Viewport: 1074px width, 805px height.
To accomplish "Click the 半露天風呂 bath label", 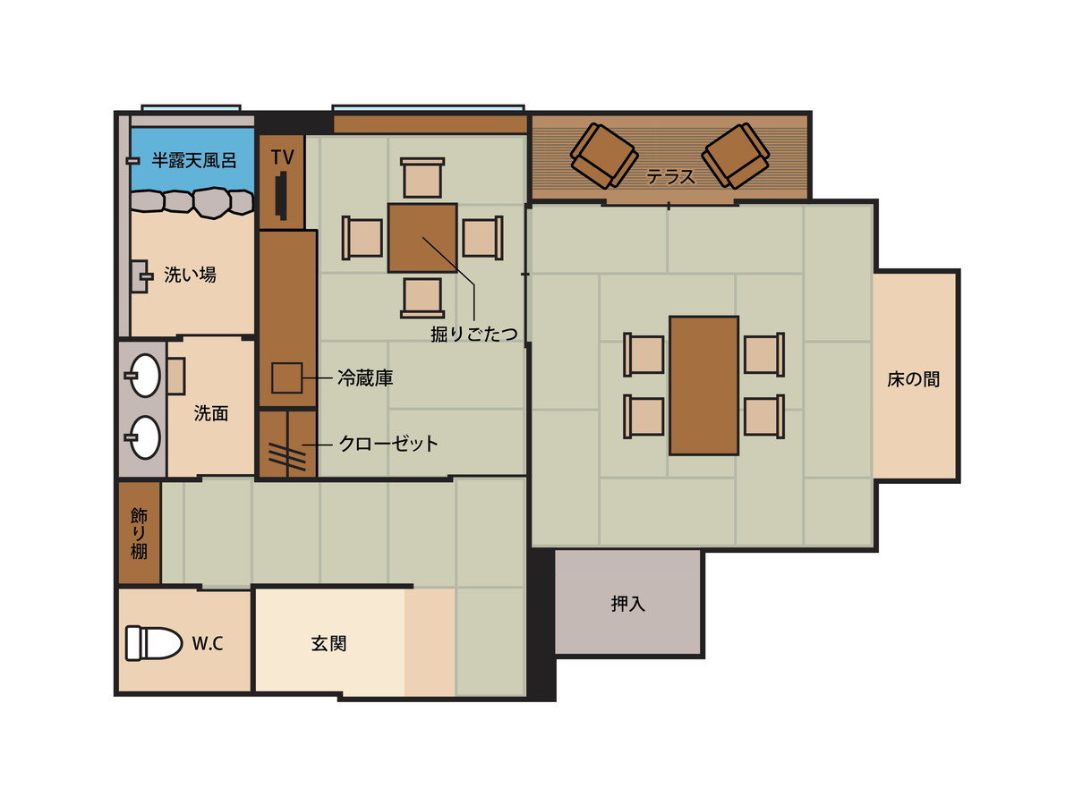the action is tap(193, 160).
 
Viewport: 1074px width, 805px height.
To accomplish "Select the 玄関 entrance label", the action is tap(328, 644).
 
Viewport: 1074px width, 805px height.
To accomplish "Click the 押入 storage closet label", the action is tap(627, 604).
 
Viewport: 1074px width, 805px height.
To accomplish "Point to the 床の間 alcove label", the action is tap(913, 379).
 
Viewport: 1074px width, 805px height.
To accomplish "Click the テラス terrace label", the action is tap(670, 176).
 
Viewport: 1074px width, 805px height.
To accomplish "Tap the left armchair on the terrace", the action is tap(604, 156).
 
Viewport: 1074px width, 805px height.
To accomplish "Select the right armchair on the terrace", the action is tap(736, 156).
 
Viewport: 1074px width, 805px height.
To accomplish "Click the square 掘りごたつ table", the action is tap(422, 238).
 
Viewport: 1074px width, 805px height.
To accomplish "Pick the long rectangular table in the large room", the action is tap(703, 386).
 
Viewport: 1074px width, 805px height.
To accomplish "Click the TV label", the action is tap(282, 157).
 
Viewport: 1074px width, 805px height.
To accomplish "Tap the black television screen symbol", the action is tap(280, 196).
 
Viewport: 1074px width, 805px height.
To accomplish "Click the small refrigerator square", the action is tap(286, 377).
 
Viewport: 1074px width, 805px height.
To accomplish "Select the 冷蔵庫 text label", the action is tap(365, 377).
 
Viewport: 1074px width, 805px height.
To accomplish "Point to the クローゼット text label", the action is tap(388, 444).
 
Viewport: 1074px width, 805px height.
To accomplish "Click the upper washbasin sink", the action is tap(144, 375).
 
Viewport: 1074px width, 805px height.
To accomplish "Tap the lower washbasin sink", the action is tap(144, 437).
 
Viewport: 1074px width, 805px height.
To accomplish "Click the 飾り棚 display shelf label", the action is tap(139, 533).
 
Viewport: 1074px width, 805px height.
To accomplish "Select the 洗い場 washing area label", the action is tap(190, 275).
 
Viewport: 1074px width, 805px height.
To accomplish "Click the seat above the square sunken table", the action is tap(422, 177).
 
